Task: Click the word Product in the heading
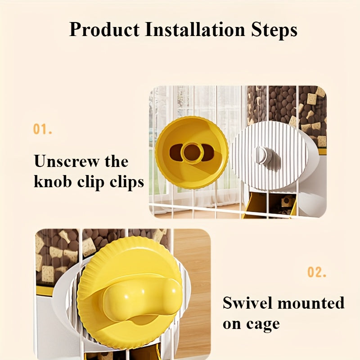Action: point(104,30)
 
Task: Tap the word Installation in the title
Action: point(195,29)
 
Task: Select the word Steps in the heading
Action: point(274,30)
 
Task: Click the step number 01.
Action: point(42,129)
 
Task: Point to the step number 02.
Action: point(317,272)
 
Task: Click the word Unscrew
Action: point(67,161)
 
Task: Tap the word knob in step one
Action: point(53,181)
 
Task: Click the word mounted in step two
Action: point(311,303)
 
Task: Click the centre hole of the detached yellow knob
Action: point(192,153)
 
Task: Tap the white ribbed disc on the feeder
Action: point(270,156)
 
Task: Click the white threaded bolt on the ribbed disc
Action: point(266,155)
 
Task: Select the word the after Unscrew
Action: point(117,161)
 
